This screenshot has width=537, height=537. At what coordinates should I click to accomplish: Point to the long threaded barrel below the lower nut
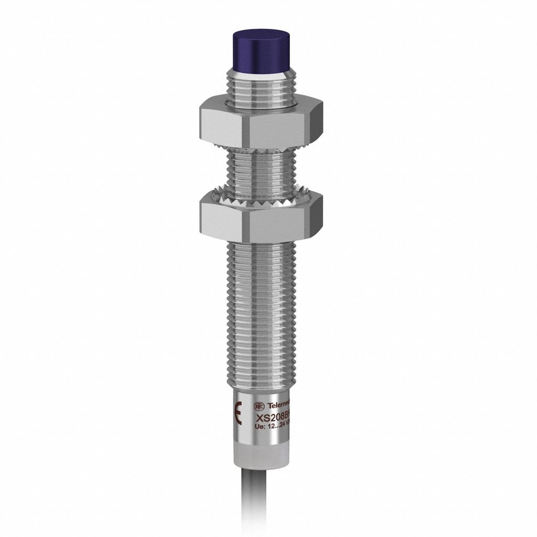(260, 315)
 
